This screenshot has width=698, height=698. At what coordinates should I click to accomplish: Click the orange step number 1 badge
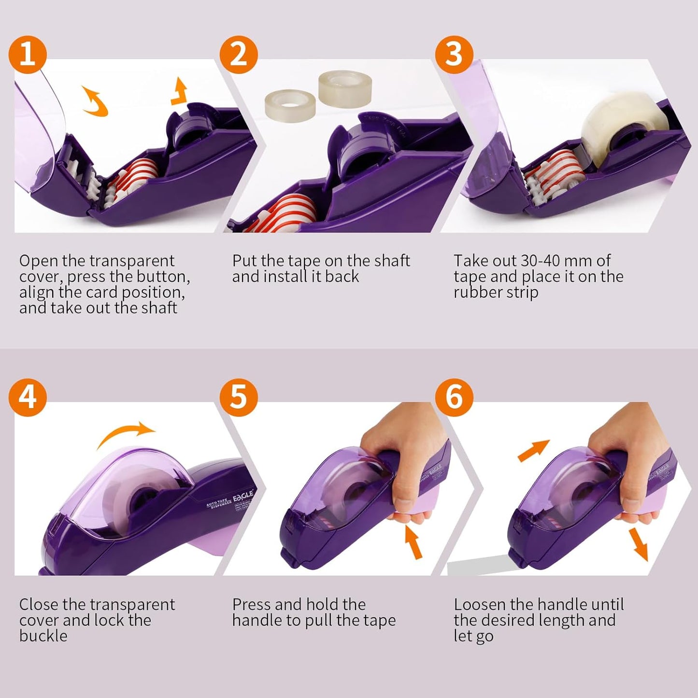[28, 54]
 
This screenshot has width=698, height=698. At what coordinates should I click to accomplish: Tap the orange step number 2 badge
[239, 54]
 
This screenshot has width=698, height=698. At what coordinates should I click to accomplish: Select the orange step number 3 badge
[454, 54]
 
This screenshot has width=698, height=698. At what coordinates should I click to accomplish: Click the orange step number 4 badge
[28, 397]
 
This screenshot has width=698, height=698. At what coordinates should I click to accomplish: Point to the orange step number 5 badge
[239, 397]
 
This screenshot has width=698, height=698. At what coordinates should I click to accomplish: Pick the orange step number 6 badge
[454, 397]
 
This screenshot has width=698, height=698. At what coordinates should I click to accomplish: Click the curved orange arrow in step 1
[95, 101]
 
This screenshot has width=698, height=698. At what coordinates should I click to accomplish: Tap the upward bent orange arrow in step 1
[180, 91]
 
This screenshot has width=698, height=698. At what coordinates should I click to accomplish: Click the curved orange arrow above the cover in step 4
[127, 434]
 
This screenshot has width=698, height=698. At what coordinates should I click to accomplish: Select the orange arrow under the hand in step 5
[413, 541]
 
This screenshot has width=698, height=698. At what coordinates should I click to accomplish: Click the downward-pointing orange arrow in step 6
[639, 544]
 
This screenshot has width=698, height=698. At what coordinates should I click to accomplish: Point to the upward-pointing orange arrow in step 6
[534, 450]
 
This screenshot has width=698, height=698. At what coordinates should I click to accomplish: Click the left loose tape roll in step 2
[290, 103]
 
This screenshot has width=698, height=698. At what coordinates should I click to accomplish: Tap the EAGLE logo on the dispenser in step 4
[243, 496]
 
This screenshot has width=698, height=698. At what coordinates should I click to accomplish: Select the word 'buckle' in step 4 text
[43, 636]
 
